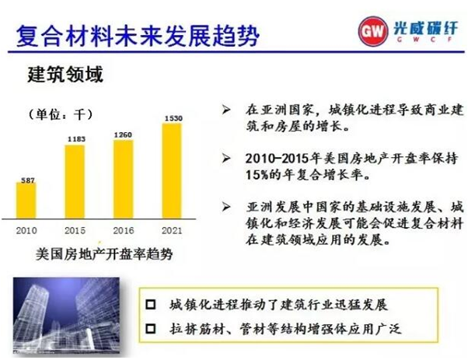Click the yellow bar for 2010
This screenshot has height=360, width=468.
[x=26, y=201]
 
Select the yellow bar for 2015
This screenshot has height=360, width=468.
[x=75, y=182]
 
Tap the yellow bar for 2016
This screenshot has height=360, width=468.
[x=123, y=180]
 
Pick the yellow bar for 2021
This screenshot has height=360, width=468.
[x=172, y=171]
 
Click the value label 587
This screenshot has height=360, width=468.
[x=28, y=180]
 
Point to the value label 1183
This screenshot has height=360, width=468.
[x=76, y=139]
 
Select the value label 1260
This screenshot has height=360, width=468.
[x=123, y=135]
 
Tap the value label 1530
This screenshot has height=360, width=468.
[x=173, y=118]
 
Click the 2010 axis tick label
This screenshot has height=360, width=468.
[x=26, y=230]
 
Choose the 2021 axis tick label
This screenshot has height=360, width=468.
[x=172, y=230]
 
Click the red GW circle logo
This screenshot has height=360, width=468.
[x=373, y=31]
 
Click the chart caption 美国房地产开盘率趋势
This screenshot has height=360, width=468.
[x=104, y=254]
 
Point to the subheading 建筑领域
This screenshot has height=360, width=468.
[x=65, y=74]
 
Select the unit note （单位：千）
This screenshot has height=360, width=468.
[x=61, y=114]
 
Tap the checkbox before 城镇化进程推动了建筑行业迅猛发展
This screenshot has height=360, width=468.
[x=151, y=304]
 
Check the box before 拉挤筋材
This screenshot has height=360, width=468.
[x=151, y=329]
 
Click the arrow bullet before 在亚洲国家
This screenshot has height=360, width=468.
[x=226, y=110]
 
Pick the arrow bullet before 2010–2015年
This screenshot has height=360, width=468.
[x=226, y=158]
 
